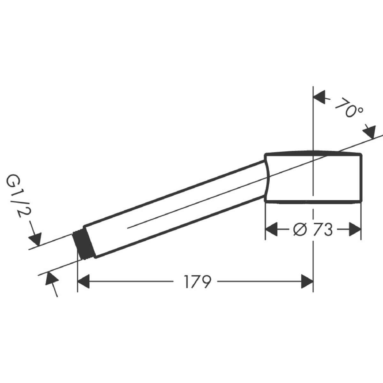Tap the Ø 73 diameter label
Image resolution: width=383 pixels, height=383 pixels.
tap(313, 230)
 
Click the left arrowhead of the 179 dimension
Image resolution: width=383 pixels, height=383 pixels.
tap(84, 281)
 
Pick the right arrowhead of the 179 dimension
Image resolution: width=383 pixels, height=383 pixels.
tap(307, 281)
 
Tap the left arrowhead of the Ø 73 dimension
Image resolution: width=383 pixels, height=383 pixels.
tap(272, 229)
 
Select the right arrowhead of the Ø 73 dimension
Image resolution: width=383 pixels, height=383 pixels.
tap(355, 229)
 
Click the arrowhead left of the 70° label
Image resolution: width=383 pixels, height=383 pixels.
tap(319, 100)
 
